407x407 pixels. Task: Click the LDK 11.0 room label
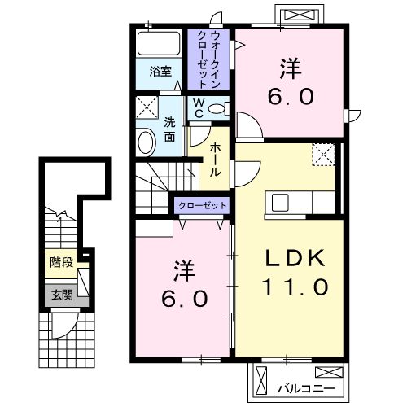(295, 273)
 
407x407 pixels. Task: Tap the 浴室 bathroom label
(160, 71)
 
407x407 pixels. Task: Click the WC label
(198, 108)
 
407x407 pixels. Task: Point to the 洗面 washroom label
(169, 129)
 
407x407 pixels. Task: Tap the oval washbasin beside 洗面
(146, 143)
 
